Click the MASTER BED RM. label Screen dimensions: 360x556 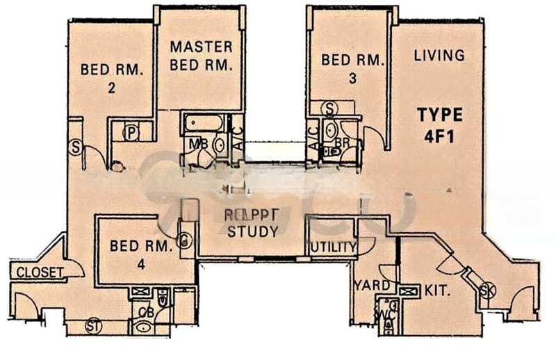pyautogui.click(x=201, y=56)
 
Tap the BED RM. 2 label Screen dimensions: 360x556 pyautogui.click(x=111, y=78)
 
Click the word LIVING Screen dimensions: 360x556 pyautogui.click(x=439, y=56)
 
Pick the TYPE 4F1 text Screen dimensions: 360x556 pyautogui.click(x=439, y=125)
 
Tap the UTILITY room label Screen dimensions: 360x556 pyautogui.click(x=333, y=247)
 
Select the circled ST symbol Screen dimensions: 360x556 pyautogui.click(x=92, y=325)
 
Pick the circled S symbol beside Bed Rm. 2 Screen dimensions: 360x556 pyautogui.click(x=76, y=147)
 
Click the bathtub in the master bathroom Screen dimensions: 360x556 pyautogui.click(x=204, y=124)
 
